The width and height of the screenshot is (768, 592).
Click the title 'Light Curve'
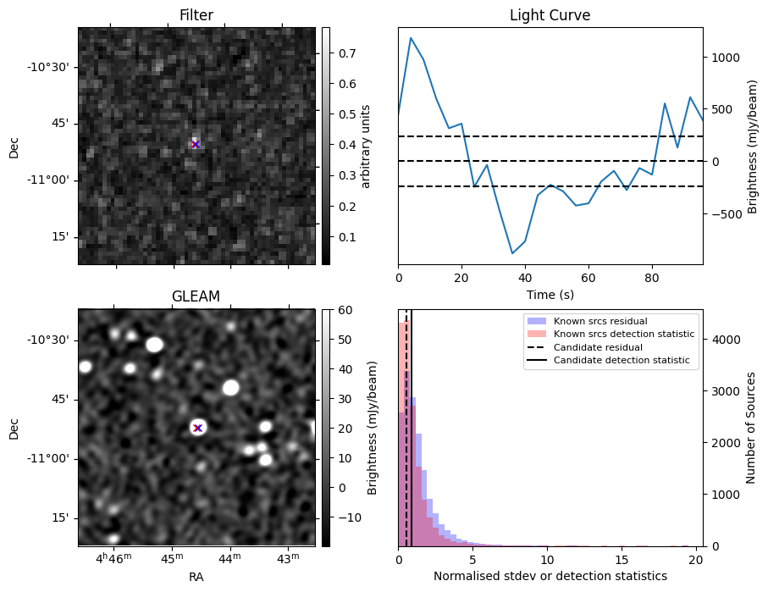550,15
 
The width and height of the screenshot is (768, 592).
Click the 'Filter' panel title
196,15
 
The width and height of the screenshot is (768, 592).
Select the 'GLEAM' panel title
196,296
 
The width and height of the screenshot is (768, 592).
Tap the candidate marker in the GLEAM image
197,428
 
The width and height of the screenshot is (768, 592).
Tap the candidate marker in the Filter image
196,145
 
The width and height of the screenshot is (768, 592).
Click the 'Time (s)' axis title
550,293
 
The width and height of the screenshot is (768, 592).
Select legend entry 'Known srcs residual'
600,321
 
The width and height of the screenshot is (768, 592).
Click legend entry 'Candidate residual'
598,348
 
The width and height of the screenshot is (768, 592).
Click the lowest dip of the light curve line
512,253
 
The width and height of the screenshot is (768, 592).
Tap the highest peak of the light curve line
411,37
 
